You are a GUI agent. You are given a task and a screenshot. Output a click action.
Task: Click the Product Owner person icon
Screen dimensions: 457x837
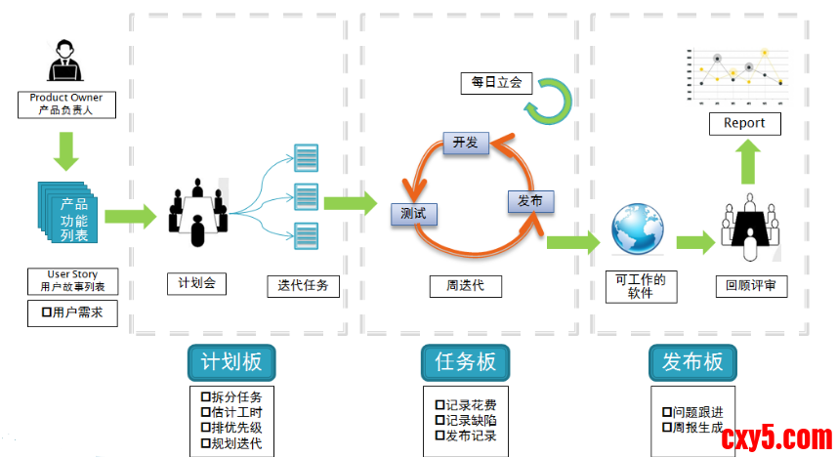65,62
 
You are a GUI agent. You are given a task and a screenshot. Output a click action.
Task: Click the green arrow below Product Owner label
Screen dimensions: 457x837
66,149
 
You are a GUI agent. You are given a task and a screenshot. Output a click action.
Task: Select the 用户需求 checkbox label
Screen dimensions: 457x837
72,312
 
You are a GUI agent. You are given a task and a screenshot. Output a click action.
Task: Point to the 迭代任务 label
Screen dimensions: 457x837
303,285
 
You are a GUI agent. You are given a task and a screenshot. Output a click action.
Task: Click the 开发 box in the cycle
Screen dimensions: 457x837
465,143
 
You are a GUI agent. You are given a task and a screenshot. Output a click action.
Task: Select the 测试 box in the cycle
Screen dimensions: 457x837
413,213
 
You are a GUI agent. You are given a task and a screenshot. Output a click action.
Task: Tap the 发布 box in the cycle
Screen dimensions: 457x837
530,200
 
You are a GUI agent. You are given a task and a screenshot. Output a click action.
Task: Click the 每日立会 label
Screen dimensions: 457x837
496,83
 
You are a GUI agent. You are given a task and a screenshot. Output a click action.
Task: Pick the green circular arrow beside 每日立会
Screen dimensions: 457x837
550,99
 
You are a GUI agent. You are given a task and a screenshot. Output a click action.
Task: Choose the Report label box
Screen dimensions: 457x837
744,123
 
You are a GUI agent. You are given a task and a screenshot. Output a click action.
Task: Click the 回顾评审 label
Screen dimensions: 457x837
750,286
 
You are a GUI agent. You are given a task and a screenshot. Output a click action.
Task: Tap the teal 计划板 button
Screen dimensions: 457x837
231,362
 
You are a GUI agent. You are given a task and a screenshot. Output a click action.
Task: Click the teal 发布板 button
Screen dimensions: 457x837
691,362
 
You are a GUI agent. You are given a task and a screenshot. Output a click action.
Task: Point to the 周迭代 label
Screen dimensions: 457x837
466,286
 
